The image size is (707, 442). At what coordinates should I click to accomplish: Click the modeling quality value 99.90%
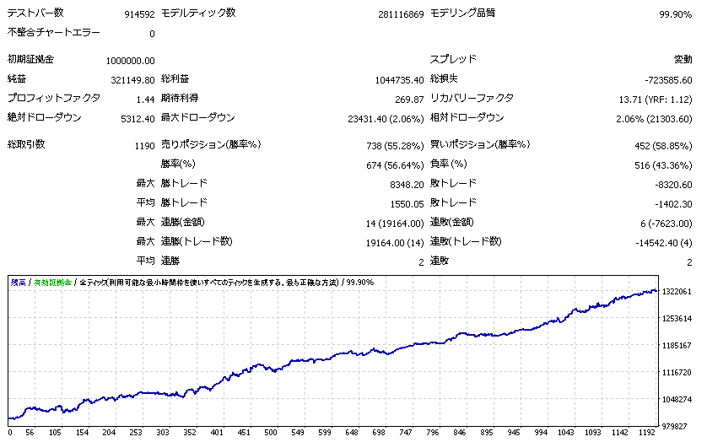pos(675,14)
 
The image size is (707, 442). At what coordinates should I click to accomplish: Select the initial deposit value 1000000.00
pos(131,61)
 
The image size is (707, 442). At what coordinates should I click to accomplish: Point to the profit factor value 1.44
pos(146,100)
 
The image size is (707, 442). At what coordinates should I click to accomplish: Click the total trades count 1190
pos(144,146)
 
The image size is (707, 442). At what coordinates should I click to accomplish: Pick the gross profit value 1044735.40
pos(399,80)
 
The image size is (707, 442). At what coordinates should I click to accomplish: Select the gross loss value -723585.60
pos(667,80)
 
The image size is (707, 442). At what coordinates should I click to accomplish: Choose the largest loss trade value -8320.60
pos(668,185)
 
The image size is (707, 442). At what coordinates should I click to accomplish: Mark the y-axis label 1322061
pos(678,291)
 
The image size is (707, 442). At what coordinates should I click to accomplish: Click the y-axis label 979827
pos(678,426)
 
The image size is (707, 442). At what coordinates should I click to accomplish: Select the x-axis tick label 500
pos(270,434)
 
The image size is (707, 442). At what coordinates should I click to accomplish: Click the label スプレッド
pos(453,60)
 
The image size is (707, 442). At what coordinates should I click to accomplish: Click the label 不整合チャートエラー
pos(53,33)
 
